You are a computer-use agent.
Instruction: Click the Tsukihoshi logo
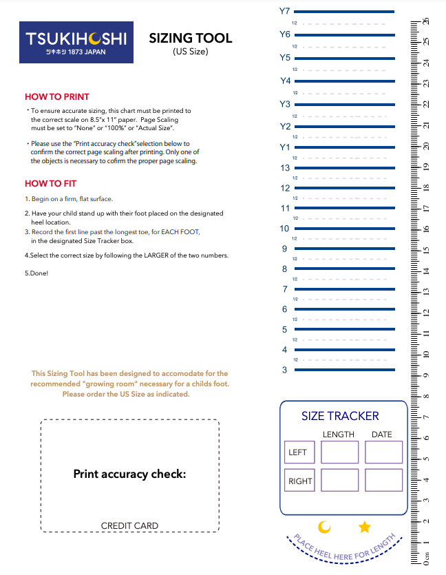76,43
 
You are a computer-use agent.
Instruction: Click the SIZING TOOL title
191,39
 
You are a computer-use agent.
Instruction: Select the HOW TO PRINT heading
57,97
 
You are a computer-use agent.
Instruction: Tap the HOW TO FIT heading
50,184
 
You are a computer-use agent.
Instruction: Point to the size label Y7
285,12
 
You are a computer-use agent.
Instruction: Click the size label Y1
285,147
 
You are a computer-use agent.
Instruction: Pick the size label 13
285,168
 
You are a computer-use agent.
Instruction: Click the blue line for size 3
344,370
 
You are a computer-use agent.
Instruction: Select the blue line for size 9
344,249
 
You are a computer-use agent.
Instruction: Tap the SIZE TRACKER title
340,416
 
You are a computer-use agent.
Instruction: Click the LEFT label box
299,452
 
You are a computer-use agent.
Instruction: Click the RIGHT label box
299,481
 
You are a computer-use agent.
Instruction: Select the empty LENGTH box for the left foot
339,452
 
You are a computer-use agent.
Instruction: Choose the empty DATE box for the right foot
383,481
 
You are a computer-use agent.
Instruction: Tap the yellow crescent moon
324,527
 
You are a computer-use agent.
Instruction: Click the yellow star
365,527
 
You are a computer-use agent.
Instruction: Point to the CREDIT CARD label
129,526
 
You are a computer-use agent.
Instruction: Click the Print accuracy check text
129,474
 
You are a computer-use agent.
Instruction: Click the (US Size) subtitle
191,52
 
